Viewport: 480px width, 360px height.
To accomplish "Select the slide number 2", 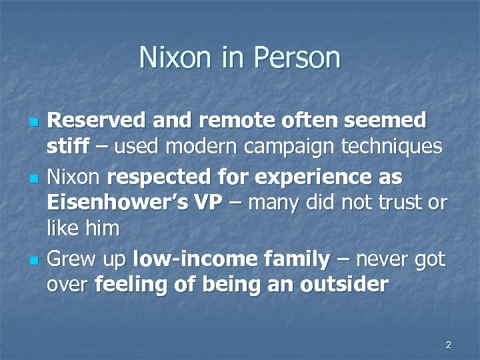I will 448,345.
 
